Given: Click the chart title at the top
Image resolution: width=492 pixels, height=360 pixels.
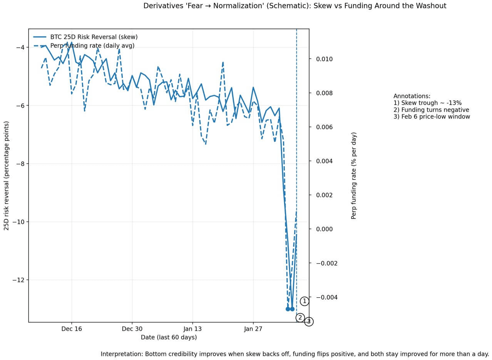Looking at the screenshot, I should tap(295, 6).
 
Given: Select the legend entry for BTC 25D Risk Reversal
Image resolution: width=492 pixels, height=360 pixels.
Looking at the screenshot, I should tap(94, 37).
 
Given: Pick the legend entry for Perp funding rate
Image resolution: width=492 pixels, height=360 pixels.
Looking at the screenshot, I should tap(92, 46).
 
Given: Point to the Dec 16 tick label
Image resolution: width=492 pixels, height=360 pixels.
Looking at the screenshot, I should tap(72, 329).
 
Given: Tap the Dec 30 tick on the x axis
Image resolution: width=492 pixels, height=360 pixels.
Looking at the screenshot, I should tap(132, 329).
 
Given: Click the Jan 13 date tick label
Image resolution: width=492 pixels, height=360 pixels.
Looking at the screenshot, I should tap(192, 329).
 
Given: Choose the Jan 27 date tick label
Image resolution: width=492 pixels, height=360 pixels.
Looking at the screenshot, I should tap(253, 329).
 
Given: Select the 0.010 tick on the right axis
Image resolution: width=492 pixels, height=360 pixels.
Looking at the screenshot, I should tap(325, 59).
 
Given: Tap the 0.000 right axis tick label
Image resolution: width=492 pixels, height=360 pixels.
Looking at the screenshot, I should tap(325, 229).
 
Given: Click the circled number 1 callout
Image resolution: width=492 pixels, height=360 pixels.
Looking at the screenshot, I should tap(304, 301).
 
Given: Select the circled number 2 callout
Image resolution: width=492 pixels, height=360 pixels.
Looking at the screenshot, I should tap(300, 318).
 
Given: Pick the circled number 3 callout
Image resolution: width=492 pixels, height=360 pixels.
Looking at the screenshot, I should tap(309, 322).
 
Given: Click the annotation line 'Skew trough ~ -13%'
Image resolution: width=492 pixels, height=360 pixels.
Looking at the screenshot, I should tap(427, 103).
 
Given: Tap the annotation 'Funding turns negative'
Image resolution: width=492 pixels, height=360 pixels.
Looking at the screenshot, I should tap(431, 110).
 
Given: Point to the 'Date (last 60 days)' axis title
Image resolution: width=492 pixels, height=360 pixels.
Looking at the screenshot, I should tap(169, 337).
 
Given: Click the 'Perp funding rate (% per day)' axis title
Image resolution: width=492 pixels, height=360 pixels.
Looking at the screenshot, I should tap(354, 176).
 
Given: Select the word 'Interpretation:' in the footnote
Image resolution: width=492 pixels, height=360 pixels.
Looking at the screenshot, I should tap(122, 354).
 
